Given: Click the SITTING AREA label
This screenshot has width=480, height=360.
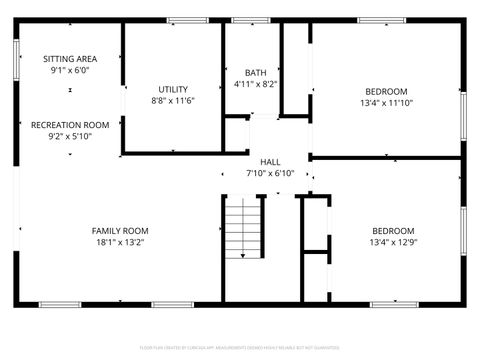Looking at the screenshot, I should pos(70,59).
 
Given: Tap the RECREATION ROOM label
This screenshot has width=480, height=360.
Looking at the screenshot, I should pos(70,124).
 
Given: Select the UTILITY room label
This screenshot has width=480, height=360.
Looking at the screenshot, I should pos(173,89).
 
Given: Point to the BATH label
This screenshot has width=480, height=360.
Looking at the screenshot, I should pos(256,72).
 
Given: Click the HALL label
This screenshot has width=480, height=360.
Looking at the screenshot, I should pos(270,161).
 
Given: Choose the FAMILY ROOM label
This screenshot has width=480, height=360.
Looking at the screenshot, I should pos(120,230).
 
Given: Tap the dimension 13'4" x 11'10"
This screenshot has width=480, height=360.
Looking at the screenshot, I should pos(386,102).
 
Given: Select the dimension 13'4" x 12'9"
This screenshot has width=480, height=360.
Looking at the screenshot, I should pos(386,241).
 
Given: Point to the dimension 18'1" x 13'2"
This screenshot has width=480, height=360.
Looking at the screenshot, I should pos(120,242).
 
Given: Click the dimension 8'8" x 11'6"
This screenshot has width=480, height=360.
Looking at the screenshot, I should pos(173,101).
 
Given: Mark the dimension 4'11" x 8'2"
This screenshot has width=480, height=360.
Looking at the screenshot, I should pos(256,84).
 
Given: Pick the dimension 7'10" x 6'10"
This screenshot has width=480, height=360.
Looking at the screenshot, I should pos(270,173).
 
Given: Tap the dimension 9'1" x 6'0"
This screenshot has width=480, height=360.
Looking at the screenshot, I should pos(70,71).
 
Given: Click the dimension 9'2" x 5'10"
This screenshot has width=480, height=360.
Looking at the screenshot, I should pos(70,136).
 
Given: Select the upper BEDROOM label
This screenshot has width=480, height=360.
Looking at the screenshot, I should pos(386,90).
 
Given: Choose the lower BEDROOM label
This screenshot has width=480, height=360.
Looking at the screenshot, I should pos(386,229).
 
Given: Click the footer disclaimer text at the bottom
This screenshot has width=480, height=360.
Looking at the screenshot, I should pos(240,347).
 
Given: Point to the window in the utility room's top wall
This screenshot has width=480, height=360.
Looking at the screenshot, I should pos(187,20).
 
